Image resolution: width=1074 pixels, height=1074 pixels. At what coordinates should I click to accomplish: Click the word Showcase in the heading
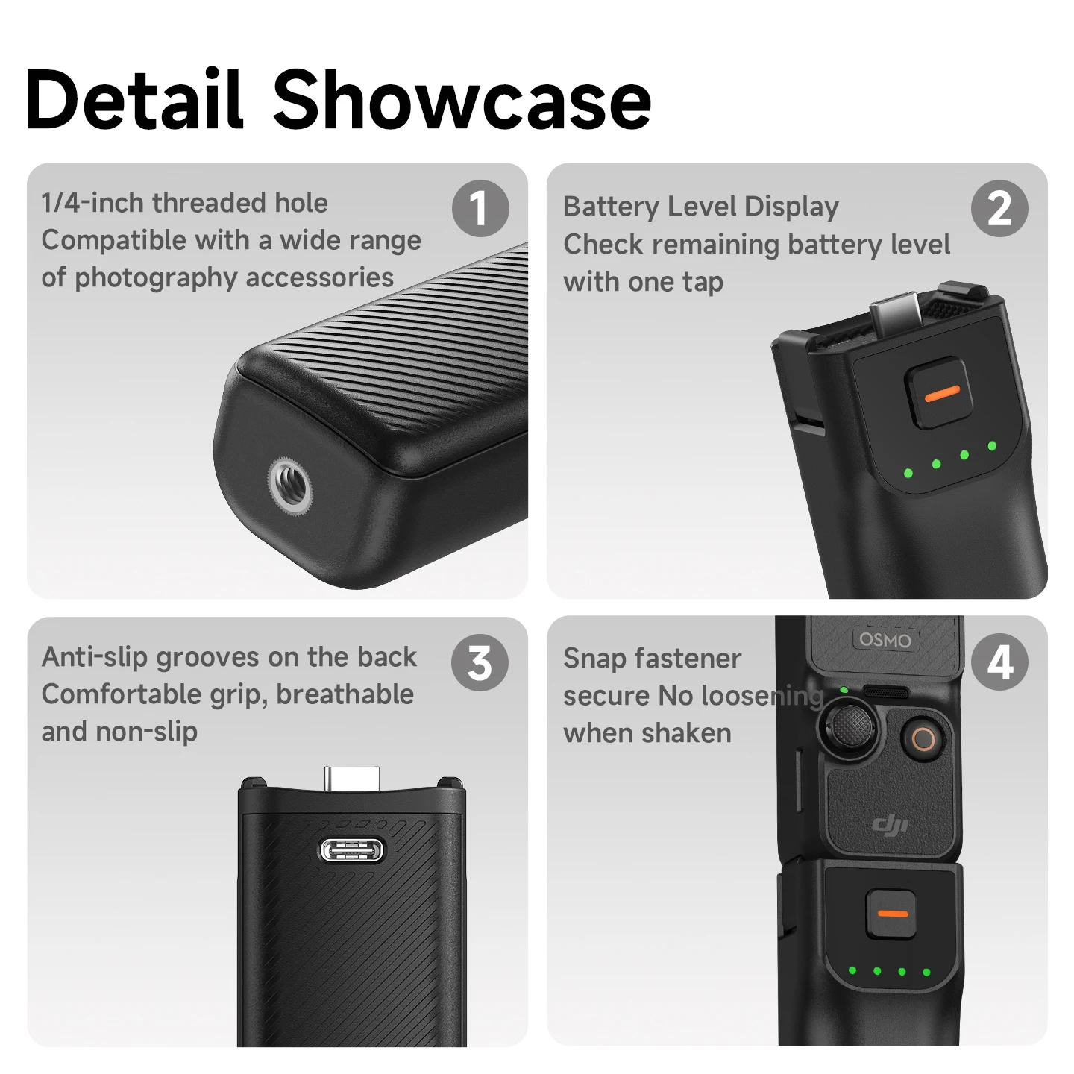point(462,100)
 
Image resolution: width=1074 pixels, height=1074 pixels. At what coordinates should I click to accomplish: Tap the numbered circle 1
point(480,208)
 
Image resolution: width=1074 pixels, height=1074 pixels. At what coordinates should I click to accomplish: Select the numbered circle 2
point(999,208)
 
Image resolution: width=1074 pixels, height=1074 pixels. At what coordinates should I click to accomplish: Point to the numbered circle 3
point(480,663)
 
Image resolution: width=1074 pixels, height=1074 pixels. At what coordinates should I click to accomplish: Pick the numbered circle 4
point(999,662)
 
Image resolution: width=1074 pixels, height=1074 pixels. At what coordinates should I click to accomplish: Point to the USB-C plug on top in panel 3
point(352,777)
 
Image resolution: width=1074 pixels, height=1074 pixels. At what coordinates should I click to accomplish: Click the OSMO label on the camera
point(885,639)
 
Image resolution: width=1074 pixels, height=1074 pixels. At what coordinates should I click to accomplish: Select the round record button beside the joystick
point(923,741)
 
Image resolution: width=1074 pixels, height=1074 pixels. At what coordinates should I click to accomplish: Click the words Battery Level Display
point(700,207)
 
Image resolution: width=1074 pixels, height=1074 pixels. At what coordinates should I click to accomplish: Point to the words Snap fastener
point(652,659)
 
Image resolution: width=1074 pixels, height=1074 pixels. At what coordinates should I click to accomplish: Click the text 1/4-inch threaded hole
point(184,202)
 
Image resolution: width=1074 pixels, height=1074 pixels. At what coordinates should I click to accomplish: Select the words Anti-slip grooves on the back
point(228,656)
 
